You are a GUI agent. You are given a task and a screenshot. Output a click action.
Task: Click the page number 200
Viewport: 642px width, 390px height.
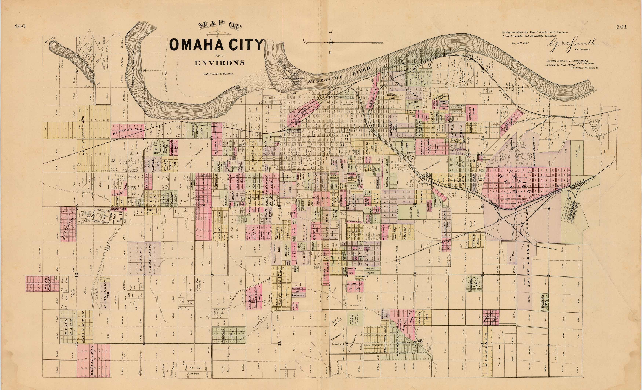point(20,26)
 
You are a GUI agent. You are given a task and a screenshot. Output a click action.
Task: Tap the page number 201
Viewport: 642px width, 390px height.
point(622,27)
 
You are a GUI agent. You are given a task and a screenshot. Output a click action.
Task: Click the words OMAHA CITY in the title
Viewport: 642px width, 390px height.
point(217,45)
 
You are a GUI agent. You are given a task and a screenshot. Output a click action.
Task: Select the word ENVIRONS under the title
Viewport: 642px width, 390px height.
point(219,63)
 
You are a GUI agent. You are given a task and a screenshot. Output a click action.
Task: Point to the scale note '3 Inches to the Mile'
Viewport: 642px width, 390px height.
point(218,74)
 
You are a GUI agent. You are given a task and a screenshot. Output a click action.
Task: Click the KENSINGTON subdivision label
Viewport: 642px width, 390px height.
point(92,361)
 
